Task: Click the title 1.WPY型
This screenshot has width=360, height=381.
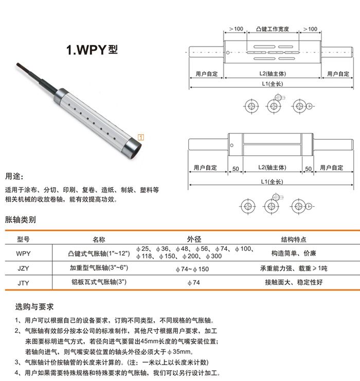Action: tap(92, 50)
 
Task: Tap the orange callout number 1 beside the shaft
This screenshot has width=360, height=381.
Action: tap(141, 137)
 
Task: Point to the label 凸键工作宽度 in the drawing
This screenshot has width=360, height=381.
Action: tap(272, 29)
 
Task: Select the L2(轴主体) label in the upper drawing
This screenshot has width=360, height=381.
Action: tap(272, 74)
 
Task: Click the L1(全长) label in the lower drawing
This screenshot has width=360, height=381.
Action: tap(272, 182)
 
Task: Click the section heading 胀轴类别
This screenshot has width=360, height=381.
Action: tap(20, 220)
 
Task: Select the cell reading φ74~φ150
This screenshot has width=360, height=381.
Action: tap(193, 269)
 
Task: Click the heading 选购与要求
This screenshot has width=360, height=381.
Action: tap(34, 307)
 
